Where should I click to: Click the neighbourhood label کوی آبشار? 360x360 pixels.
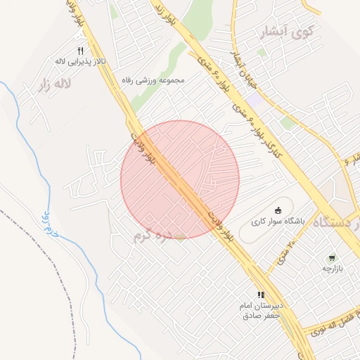pos(289,32)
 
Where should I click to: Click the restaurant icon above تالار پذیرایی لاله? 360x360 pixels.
pos(79,51)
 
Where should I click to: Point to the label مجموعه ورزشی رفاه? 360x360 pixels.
pos(153,80)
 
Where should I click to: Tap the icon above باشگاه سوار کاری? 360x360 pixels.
pos(278,210)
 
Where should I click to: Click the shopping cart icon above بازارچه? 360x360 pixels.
pos(331,258)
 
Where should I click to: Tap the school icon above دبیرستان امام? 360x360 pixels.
pos(261,295)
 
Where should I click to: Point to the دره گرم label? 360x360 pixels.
pos(153,236)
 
